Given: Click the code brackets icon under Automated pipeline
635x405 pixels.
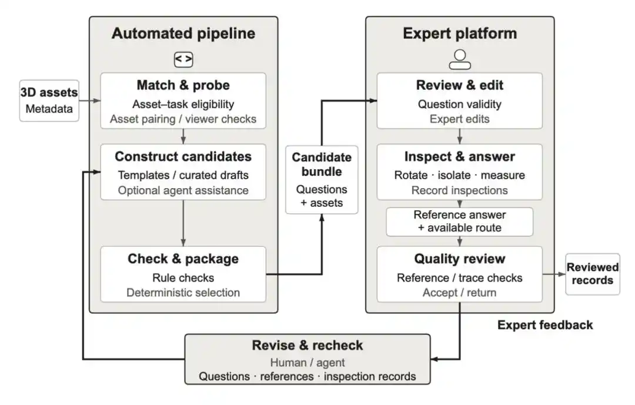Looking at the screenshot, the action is coord(183,59).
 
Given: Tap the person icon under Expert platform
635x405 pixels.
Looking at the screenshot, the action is coord(460,59).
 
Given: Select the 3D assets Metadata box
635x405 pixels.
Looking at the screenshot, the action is coord(49,101).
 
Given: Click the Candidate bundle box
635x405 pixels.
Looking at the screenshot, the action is coord(322,179).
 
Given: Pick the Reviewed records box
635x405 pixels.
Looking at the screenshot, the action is coord(593,274).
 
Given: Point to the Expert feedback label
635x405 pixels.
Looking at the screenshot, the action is coord(545,325).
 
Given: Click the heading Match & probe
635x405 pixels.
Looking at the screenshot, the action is coord(183,85).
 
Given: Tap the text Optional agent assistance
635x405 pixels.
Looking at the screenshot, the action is coord(183,190).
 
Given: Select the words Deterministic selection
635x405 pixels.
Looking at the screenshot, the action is coord(183,292).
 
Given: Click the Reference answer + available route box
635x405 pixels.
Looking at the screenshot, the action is coord(460,222).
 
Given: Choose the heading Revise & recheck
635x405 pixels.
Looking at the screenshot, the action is coord(308,345).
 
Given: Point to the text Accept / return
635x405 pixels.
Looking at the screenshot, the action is coord(460,292).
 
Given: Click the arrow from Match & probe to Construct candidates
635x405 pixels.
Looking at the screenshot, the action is coord(183,136).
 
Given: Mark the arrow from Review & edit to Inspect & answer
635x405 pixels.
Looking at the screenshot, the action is coord(460,136).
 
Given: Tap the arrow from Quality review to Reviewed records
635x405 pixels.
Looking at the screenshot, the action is coord(554,274).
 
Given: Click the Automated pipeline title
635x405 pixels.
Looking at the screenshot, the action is coord(183,33).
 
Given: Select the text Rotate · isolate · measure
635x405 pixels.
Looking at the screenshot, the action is coord(460,175).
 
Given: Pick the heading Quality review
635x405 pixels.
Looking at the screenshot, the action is coord(460,259).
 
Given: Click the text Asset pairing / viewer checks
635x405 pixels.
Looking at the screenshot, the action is coord(183,119).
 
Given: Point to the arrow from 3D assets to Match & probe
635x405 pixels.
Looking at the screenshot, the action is coord(89,101).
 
